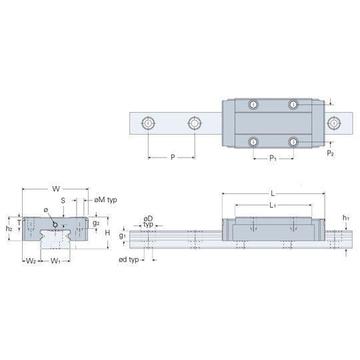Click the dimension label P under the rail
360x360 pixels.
pyautogui.click(x=173, y=157)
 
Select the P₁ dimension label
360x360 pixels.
pyautogui.click(x=273, y=158)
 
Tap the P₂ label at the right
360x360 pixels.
pyautogui.click(x=331, y=153)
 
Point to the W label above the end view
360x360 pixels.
pyautogui.click(x=56, y=189)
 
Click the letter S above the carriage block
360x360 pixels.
pyautogui.click(x=63, y=201)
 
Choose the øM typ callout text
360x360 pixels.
pyautogui.click(x=105, y=200)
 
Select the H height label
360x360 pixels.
pyautogui.click(x=107, y=233)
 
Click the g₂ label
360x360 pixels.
pyautogui.click(x=96, y=223)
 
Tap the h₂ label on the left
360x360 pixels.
pyautogui.click(x=9, y=229)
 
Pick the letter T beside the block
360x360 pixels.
pyautogui.click(x=19, y=223)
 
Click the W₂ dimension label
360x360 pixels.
pyautogui.click(x=31, y=261)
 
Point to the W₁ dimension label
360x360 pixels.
pyautogui.click(x=55, y=261)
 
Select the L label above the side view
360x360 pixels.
pyautogui.click(x=273, y=193)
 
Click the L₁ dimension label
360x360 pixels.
pyautogui.click(x=273, y=205)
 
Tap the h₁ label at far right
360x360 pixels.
pyautogui.click(x=346, y=218)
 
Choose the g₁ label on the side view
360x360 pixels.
pyautogui.click(x=122, y=235)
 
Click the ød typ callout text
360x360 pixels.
pyautogui.click(x=129, y=260)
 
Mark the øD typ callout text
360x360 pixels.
pyautogui.click(x=148, y=221)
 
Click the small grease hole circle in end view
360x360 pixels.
pyautogui.click(x=55, y=225)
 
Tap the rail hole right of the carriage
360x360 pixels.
pyautogui.click(x=334, y=123)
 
